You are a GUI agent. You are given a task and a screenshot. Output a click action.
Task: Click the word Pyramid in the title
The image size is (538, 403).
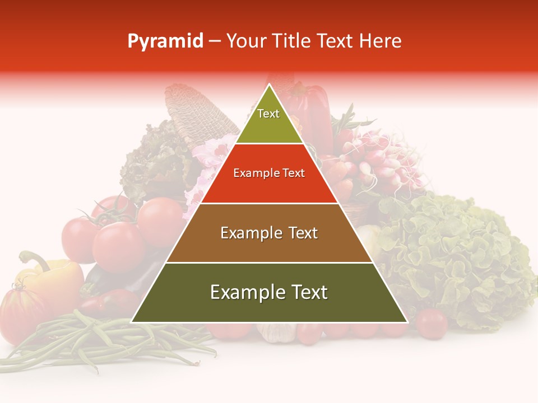click(x=165, y=41)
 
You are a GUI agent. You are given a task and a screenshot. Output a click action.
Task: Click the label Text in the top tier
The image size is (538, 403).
click(x=268, y=114)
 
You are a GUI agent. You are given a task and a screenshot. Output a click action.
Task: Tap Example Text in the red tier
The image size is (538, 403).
click(x=269, y=173)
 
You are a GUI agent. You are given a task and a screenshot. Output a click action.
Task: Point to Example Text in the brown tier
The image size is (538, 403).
click(x=269, y=233)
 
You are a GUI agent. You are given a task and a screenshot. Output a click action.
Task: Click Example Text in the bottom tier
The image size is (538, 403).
click(x=269, y=292)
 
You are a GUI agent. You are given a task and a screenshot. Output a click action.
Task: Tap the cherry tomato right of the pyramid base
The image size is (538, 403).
click(x=432, y=323)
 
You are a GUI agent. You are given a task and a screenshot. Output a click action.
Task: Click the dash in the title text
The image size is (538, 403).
click(x=215, y=41)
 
